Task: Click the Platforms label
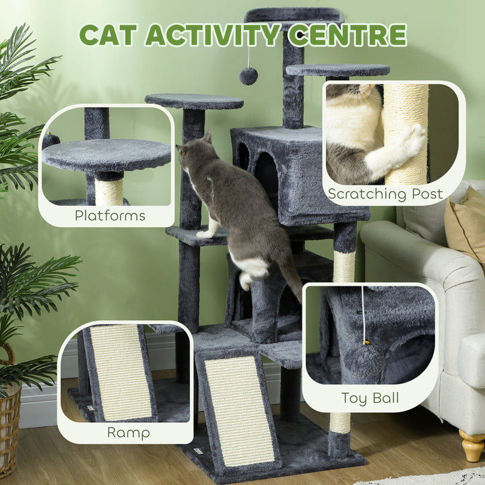coord(110,216)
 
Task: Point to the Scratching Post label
coord(385,194)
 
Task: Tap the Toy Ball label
coord(370,397)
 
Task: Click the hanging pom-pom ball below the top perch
coord(249,76)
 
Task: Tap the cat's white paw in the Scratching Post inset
coord(412,142)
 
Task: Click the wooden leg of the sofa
coord(472,446)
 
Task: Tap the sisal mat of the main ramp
coord(239,411)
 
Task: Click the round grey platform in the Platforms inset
coord(107,155)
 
